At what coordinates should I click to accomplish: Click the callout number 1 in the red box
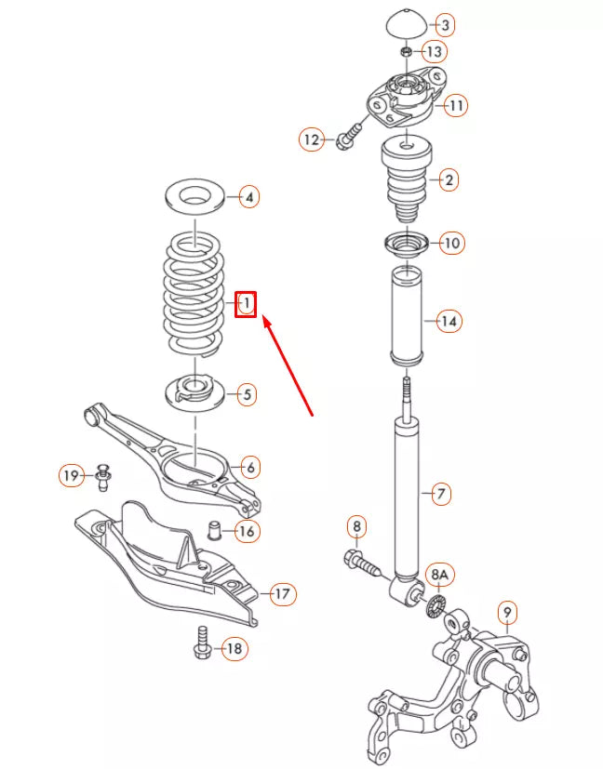246,304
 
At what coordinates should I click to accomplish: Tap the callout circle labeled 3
445,24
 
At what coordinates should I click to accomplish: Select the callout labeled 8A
438,577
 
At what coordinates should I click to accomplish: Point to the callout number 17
282,592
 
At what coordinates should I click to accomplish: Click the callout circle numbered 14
449,322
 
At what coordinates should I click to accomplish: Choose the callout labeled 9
506,612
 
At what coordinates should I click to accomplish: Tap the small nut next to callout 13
406,50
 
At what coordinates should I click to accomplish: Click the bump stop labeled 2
406,178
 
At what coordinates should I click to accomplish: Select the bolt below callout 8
363,563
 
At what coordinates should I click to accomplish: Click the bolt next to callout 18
202,643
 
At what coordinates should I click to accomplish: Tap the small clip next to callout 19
102,478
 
